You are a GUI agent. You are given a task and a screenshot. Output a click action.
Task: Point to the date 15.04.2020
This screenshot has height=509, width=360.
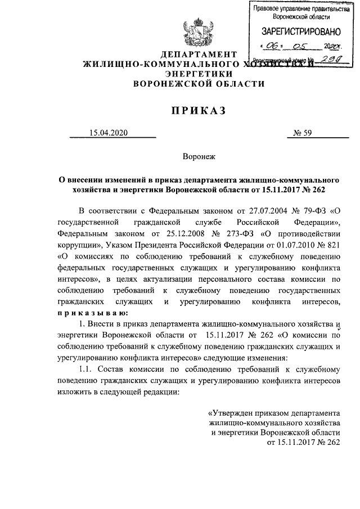click(109, 133)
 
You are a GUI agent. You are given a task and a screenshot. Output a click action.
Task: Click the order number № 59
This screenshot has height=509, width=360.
click(303, 133)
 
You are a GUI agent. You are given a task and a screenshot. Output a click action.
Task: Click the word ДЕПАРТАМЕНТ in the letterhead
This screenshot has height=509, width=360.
click(197, 55)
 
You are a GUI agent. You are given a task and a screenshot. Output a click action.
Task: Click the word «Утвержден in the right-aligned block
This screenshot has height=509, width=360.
click(229, 411)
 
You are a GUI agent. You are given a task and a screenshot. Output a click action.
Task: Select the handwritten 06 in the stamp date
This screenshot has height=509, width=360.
click(273, 47)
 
